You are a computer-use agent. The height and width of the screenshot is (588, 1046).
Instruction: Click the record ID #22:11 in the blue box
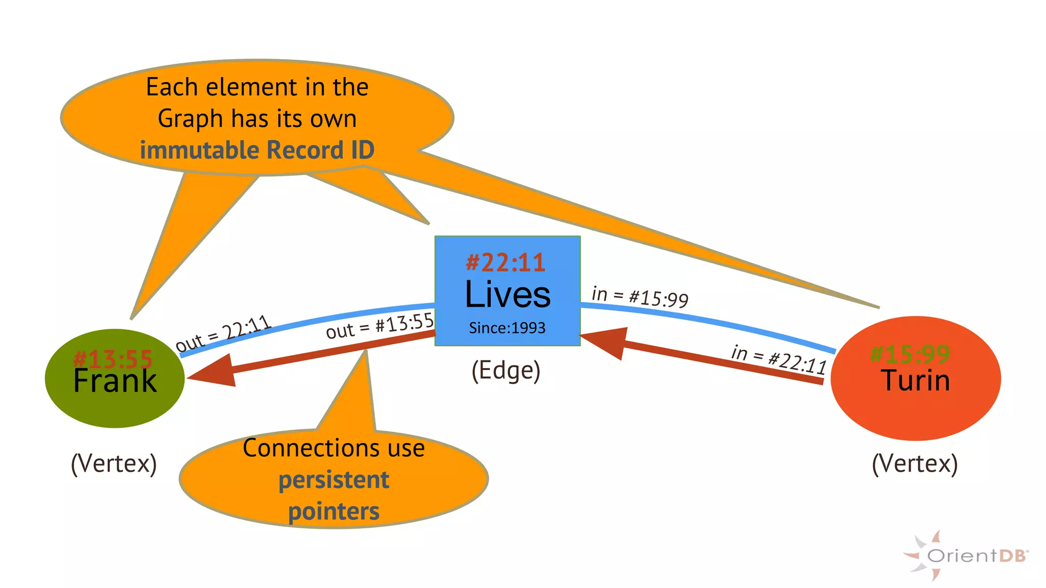506,262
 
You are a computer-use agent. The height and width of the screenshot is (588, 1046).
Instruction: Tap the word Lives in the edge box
508,295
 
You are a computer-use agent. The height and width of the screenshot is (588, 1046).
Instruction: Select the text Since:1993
507,328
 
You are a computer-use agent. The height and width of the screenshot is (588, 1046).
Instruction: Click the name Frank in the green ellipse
115,381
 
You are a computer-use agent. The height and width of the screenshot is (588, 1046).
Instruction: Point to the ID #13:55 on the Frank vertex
113,359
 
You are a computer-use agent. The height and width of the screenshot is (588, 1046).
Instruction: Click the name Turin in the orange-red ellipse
915,381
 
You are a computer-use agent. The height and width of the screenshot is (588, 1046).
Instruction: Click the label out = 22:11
223,333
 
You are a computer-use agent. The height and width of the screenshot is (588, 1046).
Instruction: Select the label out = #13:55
379,326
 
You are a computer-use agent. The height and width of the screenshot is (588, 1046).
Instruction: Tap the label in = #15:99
640,297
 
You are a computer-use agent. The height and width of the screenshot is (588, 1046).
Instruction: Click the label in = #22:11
778,359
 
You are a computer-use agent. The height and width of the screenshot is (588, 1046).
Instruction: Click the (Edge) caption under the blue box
506,371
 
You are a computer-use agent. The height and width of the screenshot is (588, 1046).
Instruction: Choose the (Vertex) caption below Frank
114,463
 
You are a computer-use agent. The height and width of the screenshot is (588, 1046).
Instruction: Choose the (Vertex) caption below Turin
915,463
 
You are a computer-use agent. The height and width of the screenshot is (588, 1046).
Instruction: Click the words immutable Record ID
257,150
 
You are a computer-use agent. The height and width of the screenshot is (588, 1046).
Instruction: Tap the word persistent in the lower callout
334,480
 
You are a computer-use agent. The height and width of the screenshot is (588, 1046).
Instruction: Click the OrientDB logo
965,555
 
